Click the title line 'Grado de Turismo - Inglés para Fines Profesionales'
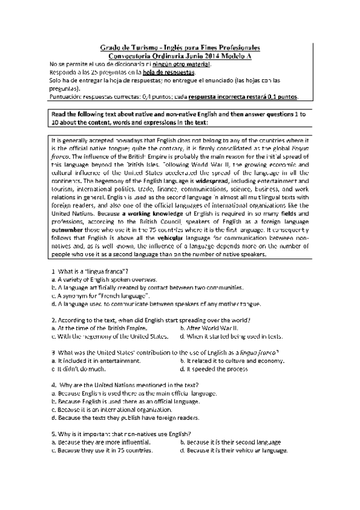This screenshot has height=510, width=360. tap(179, 46)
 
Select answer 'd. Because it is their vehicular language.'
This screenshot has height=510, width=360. tap(234, 450)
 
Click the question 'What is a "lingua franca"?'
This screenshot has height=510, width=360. tap(93, 272)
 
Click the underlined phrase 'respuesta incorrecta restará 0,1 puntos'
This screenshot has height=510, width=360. tap(242, 96)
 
